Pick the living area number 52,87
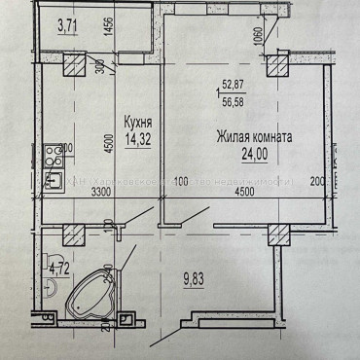[x=234, y=83]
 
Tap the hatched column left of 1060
[x=277, y=65]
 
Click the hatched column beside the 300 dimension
[x=73, y=65]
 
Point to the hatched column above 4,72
[x=71, y=234]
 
